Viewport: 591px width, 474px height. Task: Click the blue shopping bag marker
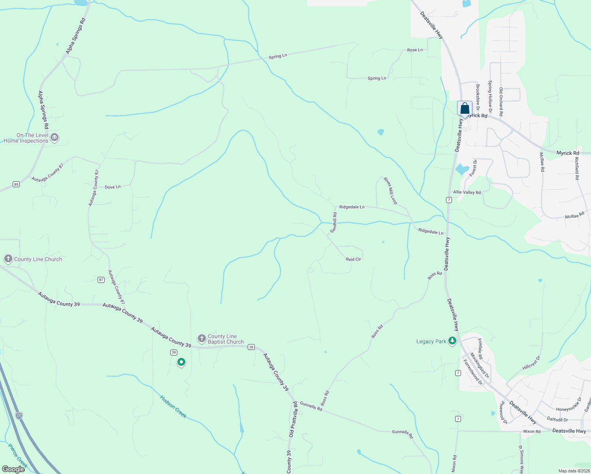pos(465,108)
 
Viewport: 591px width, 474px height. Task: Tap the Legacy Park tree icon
pos(452,341)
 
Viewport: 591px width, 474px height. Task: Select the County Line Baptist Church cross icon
pos(201,338)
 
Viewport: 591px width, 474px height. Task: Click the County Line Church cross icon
pos(8,259)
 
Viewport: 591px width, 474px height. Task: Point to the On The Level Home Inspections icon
pos(55,137)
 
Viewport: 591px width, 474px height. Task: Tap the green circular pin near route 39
pos(181,362)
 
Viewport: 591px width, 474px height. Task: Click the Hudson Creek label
pos(173,406)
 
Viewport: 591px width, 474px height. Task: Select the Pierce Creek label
pos(18,455)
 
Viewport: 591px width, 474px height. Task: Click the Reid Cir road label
pos(353,259)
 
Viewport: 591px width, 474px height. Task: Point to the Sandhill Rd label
pos(334,222)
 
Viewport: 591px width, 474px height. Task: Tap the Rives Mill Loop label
pos(390,191)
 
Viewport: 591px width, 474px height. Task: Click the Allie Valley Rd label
pos(467,192)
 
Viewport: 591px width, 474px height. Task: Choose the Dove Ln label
pos(113,187)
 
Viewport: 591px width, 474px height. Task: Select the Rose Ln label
pos(415,50)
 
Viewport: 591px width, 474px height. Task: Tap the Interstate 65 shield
pos(19,415)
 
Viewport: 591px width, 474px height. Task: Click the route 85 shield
pos(16,184)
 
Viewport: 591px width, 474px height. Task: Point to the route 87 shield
pos(101,280)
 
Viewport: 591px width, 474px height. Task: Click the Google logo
pos(13,469)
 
